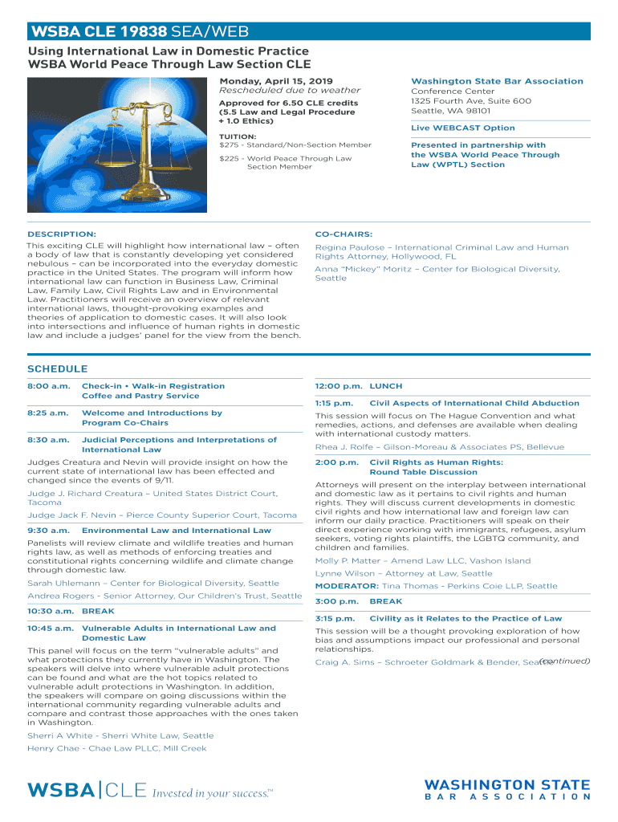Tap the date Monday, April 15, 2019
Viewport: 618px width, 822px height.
click(x=276, y=81)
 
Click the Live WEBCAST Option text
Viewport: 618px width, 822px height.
click(x=463, y=128)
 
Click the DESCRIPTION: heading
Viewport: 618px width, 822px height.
click(x=62, y=234)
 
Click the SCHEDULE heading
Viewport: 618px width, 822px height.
click(x=58, y=369)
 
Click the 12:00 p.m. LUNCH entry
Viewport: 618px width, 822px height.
click(x=359, y=386)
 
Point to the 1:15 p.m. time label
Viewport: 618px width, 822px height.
click(x=335, y=403)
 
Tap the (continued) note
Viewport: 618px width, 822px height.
click(x=564, y=661)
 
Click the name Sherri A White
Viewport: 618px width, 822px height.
click(x=60, y=735)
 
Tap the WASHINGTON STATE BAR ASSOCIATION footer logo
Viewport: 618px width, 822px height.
click(x=507, y=790)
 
